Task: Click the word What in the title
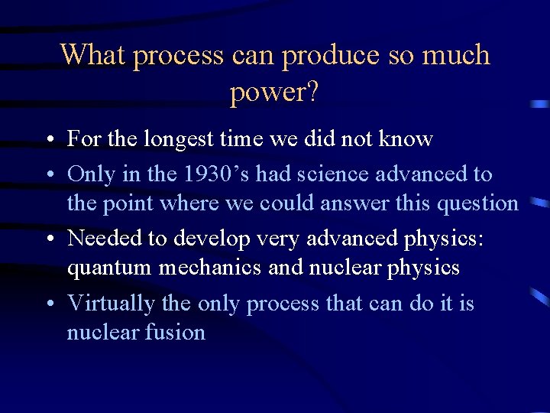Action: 95,55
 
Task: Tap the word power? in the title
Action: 274,93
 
